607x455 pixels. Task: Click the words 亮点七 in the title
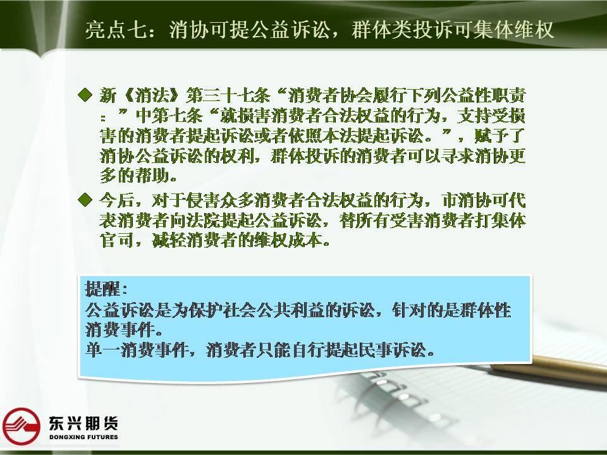(x=116, y=30)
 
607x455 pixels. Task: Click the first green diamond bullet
(x=85, y=95)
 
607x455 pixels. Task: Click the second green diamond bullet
(x=85, y=200)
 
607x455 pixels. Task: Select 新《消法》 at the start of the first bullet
(x=140, y=95)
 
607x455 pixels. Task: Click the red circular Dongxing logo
(x=21, y=426)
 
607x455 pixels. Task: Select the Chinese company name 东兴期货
(x=83, y=423)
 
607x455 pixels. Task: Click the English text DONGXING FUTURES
(x=83, y=437)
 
